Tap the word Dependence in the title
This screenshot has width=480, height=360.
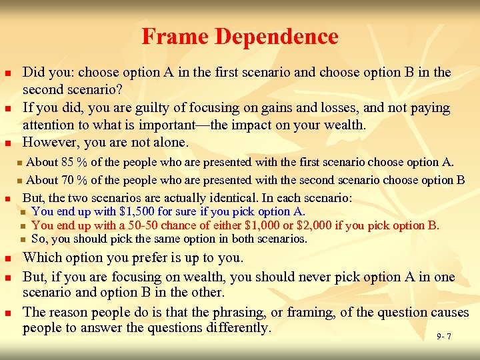tap(274, 36)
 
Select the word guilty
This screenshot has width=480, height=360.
tap(131, 107)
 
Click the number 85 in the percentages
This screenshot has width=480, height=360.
tap(66, 161)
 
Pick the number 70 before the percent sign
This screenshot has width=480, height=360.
tap(66, 179)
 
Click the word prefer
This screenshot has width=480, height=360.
tap(139, 258)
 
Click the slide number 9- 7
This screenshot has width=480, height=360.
tap(444, 336)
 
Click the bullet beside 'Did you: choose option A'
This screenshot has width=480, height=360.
tap(7, 73)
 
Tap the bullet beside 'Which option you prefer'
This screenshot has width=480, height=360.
tap(7, 259)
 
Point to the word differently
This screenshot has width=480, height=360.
tap(236, 328)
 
